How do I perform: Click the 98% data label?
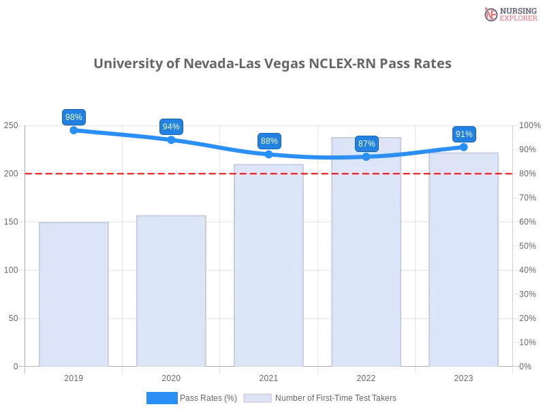[73, 117]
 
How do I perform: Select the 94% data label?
[171, 127]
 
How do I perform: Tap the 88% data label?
[269, 141]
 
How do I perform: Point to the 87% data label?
[367, 144]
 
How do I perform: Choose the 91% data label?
[464, 134]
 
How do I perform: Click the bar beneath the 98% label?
[74, 293]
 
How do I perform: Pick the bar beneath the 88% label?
[269, 266]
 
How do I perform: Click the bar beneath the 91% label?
[463, 259]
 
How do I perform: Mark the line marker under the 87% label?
[367, 157]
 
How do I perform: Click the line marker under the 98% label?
[73, 130]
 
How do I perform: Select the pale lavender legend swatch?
[258, 398]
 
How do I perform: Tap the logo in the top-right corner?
[509, 14]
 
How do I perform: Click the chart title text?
[272, 64]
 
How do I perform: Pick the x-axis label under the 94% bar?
[171, 376]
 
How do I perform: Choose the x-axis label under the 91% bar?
[463, 376]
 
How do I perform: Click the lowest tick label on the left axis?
[15, 366]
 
